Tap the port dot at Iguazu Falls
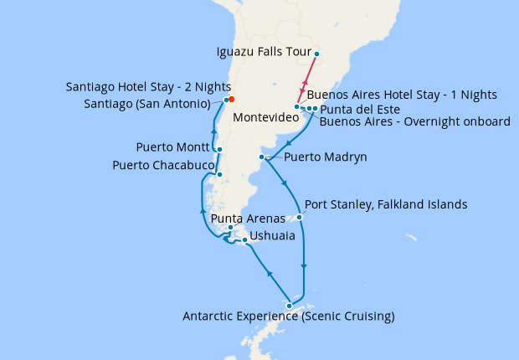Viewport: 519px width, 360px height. click(x=316, y=54)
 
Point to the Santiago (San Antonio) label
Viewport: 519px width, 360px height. click(x=147, y=103)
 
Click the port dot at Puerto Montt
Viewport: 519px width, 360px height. click(x=218, y=150)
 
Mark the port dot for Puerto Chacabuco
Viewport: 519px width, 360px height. click(x=218, y=174)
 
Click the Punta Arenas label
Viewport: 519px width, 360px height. click(x=244, y=219)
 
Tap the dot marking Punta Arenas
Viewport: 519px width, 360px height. click(x=230, y=227)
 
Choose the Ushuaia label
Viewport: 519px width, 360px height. click(x=272, y=237)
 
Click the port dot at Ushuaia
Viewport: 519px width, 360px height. click(x=244, y=241)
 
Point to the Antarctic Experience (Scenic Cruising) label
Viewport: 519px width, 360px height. click(x=288, y=316)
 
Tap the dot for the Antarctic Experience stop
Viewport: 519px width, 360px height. click(x=290, y=305)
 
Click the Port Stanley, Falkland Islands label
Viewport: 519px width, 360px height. click(x=386, y=204)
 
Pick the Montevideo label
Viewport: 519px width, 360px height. click(x=266, y=118)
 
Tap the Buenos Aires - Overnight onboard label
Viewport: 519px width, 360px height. click(x=414, y=121)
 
